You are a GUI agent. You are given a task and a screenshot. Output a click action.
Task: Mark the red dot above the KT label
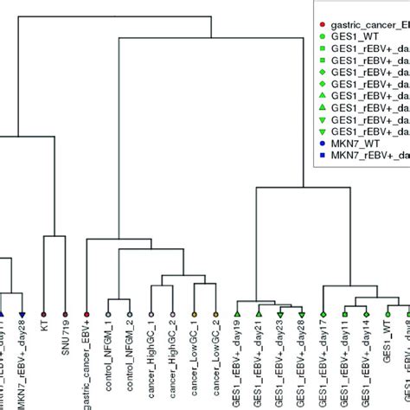(x=44, y=313)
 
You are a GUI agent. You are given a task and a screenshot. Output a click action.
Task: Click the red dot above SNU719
(x=66, y=313)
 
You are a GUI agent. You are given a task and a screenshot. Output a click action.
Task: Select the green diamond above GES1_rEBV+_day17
(x=324, y=313)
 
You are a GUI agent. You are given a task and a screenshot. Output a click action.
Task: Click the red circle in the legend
(x=323, y=24)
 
